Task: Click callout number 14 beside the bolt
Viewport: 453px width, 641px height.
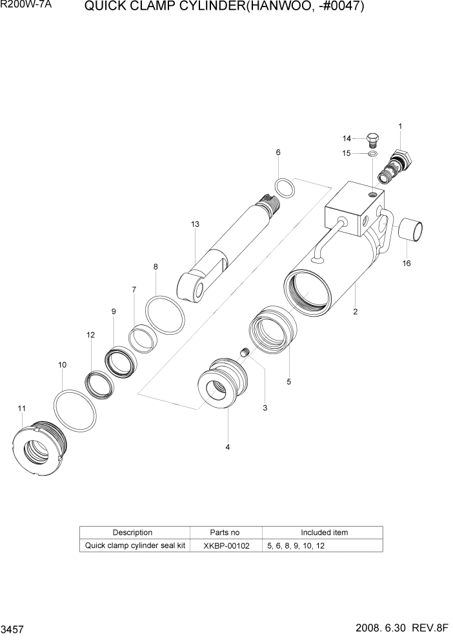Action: (x=347, y=138)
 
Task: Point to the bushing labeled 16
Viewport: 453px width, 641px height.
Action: (x=412, y=231)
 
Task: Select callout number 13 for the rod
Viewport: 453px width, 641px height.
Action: (x=195, y=224)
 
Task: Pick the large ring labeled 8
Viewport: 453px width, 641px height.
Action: (x=165, y=316)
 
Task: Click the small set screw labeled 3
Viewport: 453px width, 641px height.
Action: (x=245, y=353)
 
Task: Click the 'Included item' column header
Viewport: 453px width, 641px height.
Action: (x=324, y=532)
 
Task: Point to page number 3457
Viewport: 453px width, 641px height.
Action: (x=12, y=629)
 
